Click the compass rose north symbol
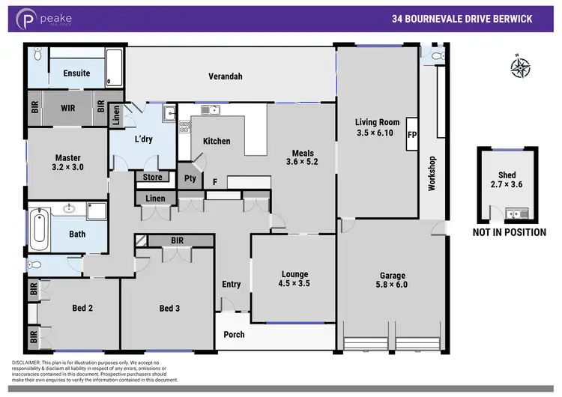pyautogui.click(x=519, y=67)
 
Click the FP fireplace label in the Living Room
pyautogui.click(x=411, y=136)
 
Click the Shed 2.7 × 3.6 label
pyautogui.click(x=506, y=181)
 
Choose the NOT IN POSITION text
pyautogui.click(x=509, y=232)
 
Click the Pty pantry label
pyautogui.click(x=190, y=178)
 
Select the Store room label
pyautogui.click(x=153, y=178)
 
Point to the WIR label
pyautogui.click(x=68, y=108)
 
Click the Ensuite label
pyautogui.click(x=76, y=73)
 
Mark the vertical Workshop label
pyautogui.click(x=432, y=173)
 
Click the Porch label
pyautogui.click(x=235, y=334)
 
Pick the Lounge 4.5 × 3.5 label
pyautogui.click(x=294, y=279)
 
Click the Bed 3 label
pyautogui.click(x=169, y=308)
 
